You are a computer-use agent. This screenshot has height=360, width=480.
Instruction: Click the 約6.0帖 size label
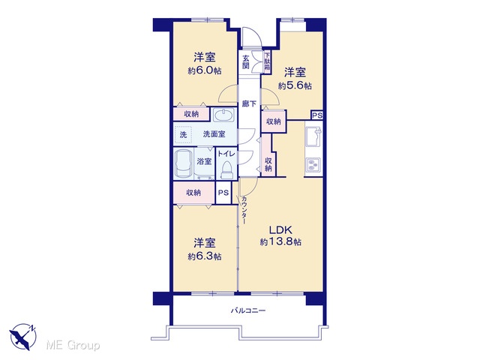205,71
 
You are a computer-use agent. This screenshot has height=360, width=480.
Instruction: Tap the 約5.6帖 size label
295,86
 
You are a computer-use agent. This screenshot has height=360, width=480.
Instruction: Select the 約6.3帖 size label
205,256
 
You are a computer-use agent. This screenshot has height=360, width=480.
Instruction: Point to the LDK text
280,229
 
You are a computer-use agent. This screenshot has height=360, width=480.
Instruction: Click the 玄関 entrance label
246,61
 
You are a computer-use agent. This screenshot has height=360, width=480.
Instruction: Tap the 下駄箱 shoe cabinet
267,61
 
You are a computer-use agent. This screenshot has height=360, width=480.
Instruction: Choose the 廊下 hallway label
249,103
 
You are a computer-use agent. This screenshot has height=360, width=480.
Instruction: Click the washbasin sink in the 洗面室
224,115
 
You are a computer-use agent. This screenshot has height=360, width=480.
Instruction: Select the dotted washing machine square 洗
183,134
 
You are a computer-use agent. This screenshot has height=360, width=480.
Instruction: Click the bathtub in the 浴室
183,163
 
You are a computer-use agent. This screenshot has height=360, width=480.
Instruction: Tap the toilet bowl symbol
226,170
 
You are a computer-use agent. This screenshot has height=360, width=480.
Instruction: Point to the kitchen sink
313,136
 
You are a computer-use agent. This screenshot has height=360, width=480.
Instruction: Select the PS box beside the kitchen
317,115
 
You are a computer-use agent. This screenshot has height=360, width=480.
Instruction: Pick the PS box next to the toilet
223,193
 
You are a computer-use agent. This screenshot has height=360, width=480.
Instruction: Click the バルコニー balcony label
248,310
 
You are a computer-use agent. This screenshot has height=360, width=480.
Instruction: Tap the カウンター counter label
244,210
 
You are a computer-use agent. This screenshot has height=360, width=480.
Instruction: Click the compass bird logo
23,337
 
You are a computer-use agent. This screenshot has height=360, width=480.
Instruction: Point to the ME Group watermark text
73,345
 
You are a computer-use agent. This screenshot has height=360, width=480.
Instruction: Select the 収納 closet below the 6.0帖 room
192,114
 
